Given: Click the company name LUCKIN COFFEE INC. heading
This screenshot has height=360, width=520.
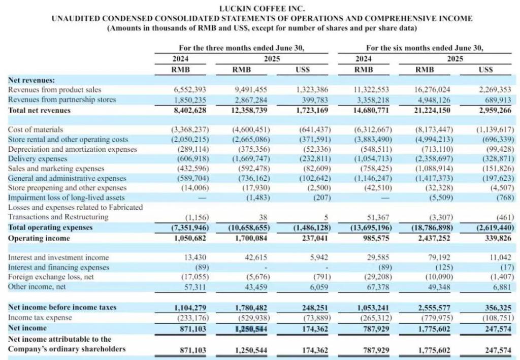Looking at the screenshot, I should (262, 9).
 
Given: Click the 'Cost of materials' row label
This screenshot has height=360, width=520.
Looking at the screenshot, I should (36, 129).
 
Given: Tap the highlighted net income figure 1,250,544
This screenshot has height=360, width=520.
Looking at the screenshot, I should (250, 329).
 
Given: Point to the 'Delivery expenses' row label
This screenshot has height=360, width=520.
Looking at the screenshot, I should (38, 159).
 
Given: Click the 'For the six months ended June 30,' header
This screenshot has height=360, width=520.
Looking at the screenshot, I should (425, 48).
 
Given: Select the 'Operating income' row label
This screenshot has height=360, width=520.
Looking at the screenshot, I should (40, 238).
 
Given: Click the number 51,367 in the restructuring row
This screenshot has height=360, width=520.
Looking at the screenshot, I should (372, 217).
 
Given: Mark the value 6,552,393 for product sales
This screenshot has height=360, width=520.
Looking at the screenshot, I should (191, 89).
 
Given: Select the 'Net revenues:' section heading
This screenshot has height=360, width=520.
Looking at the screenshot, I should (31, 80).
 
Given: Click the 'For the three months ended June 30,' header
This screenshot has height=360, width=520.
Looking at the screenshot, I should (241, 48).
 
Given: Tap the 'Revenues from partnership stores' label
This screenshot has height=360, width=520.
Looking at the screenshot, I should (62, 100).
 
